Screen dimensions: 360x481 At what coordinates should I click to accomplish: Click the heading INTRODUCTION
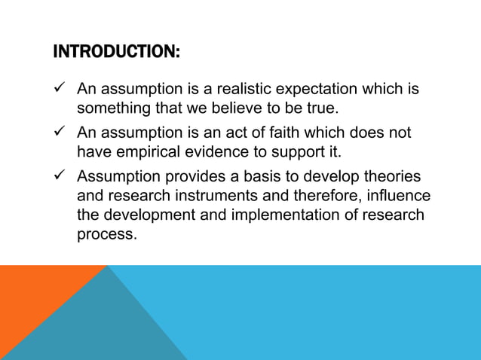117,53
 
